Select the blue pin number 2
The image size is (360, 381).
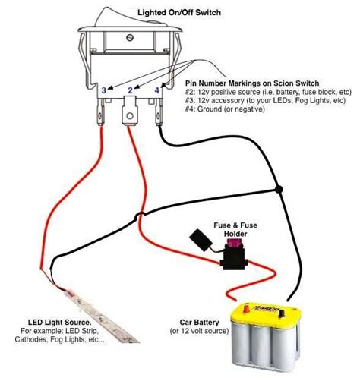tap(130, 90)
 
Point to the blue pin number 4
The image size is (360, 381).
tap(156, 90)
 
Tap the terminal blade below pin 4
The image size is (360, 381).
tap(159, 115)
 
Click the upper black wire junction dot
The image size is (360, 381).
tap(280, 189)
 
